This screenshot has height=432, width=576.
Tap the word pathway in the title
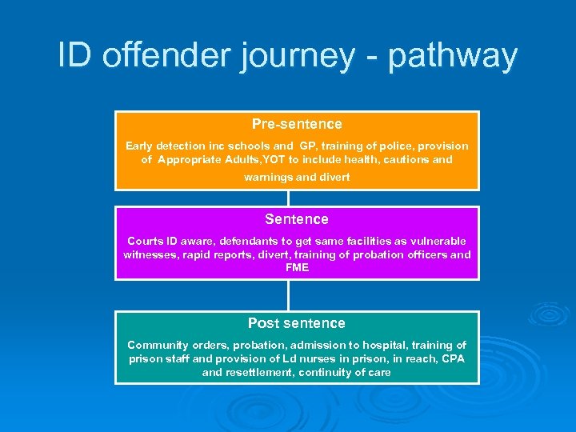454,57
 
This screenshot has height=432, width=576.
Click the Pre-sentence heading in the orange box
297,124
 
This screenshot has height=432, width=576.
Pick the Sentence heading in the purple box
297,219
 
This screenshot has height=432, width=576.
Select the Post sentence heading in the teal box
297,323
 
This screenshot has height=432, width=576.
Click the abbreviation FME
297,267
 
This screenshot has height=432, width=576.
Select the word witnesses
151,254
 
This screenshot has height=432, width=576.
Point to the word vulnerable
437,241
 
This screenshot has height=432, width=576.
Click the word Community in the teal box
158,345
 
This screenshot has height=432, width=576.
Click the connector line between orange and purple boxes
290,198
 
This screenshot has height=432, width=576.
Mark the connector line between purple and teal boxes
290,295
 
